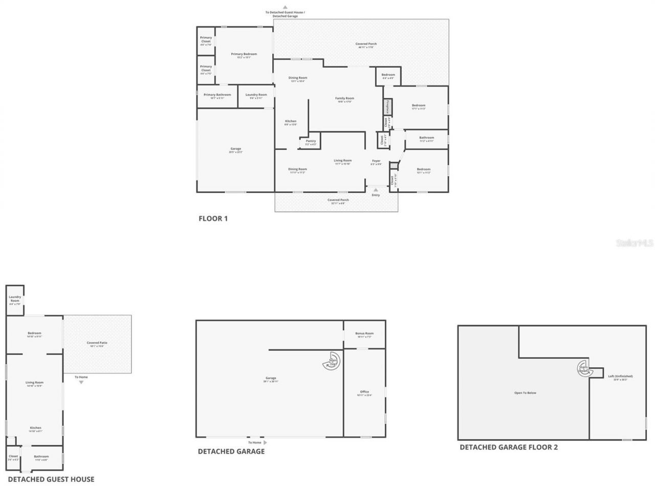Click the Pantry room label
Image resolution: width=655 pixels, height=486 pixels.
311,142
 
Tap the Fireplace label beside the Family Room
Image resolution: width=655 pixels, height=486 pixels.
388,107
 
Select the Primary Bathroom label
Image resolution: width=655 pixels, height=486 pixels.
217,95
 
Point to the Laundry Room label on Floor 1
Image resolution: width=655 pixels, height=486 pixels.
256,95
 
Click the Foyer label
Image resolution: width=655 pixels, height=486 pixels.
376,162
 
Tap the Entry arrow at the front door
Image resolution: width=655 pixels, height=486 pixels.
376,190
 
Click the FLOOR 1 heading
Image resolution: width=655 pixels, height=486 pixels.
213,218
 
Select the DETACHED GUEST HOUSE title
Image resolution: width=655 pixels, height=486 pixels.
51,479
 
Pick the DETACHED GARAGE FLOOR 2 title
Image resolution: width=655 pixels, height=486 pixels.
509,447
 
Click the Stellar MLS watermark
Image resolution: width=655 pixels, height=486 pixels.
635,243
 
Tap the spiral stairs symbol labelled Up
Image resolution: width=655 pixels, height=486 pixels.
332,362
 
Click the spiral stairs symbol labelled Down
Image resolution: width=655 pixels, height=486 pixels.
583,368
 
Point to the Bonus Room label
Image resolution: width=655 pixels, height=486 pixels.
364,334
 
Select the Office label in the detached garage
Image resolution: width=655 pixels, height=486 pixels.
364,392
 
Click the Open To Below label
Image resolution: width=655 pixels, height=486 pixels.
525,393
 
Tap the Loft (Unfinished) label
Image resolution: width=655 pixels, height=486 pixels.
617,377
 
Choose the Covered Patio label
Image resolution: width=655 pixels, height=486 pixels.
97,344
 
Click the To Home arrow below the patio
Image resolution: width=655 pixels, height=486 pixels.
81,382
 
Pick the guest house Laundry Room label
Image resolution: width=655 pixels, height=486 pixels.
15,299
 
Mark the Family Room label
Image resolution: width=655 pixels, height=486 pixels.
344,99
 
